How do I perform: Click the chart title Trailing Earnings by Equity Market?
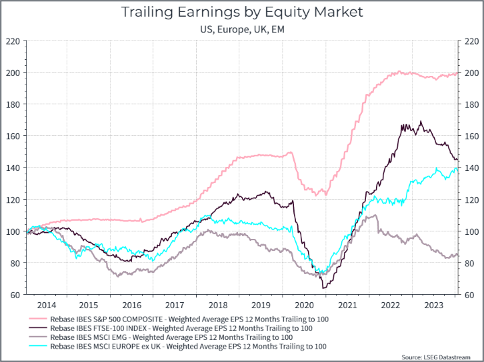coord(241,12)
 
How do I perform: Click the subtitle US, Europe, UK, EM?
coord(241,29)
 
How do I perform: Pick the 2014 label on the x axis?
coord(46,305)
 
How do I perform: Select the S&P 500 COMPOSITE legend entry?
coord(190,319)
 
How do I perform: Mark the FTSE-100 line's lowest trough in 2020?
coord(324,287)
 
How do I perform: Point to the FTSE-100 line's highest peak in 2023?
coord(421,121)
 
